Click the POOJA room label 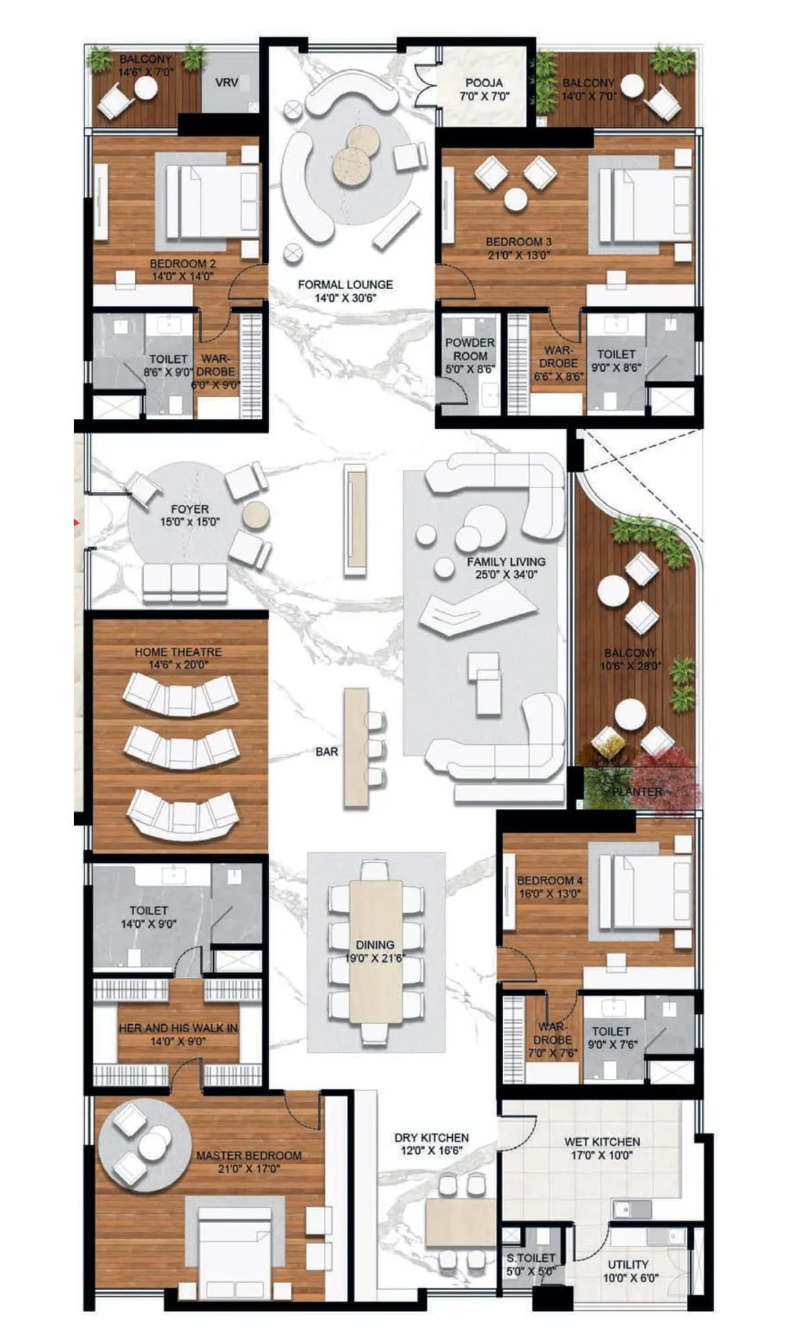[484, 83]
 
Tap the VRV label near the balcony [227, 83]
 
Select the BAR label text [327, 752]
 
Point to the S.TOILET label [531, 1258]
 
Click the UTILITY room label [628, 1264]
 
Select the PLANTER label [638, 791]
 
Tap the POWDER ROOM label [470, 349]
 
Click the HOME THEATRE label [178, 652]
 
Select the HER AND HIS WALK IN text [178, 1028]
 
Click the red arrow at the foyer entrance [78, 521]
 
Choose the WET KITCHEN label [602, 1141]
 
